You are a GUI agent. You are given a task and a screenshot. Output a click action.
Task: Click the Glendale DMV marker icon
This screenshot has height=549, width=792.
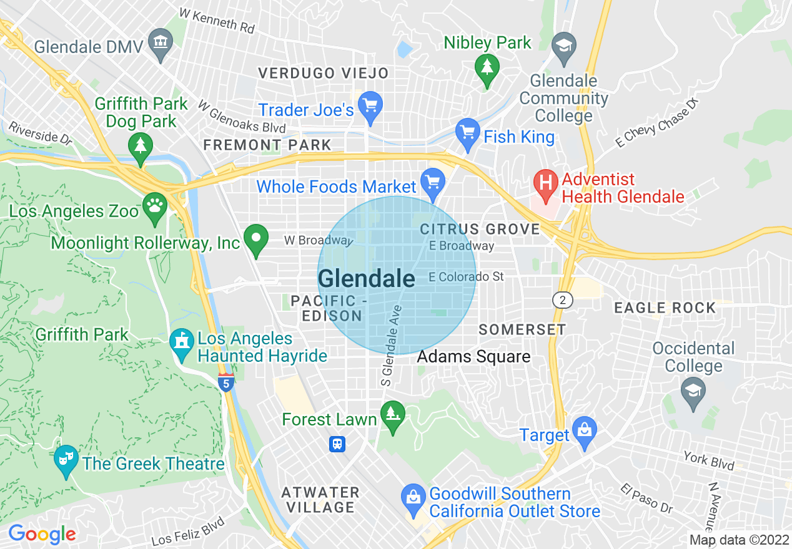pos(162,44)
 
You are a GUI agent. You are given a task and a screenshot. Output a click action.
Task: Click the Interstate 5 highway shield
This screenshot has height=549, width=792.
pos(226,381)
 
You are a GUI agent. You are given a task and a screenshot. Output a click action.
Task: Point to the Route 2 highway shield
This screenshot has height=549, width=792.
pos(563,300)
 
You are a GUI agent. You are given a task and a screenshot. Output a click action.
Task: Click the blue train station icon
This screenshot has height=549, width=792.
pos(337,444)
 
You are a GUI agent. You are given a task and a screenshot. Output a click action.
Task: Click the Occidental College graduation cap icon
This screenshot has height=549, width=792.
pos(693,392)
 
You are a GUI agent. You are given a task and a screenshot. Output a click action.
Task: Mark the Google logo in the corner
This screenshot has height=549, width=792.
pos(42,534)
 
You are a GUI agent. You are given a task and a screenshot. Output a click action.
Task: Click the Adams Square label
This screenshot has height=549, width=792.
pos(473,357)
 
